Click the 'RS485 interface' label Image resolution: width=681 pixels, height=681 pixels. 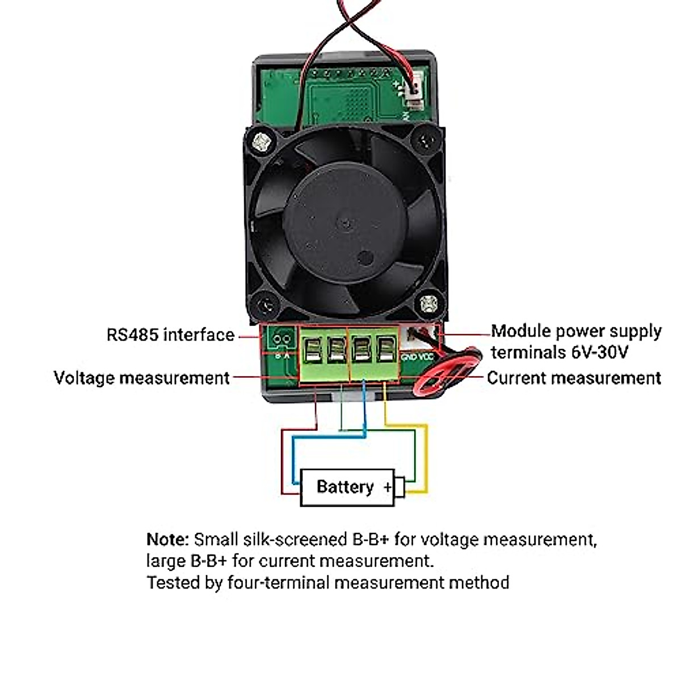pos(170,335)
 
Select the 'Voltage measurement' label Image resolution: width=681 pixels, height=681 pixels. pos(141,378)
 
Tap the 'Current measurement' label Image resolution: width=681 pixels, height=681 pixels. pos(574,378)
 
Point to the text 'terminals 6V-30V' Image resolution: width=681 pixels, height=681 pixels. pos(560,352)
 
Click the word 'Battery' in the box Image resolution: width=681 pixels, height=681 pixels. pos(344,487)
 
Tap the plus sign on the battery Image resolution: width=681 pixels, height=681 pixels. pos(388,487)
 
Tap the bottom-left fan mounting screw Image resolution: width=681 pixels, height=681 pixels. pos(264,307)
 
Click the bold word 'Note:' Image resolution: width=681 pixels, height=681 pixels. pos(167,539)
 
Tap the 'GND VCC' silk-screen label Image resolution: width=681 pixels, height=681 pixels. pos(417,358)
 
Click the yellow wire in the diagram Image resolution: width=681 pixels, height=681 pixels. pos(426,454)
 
